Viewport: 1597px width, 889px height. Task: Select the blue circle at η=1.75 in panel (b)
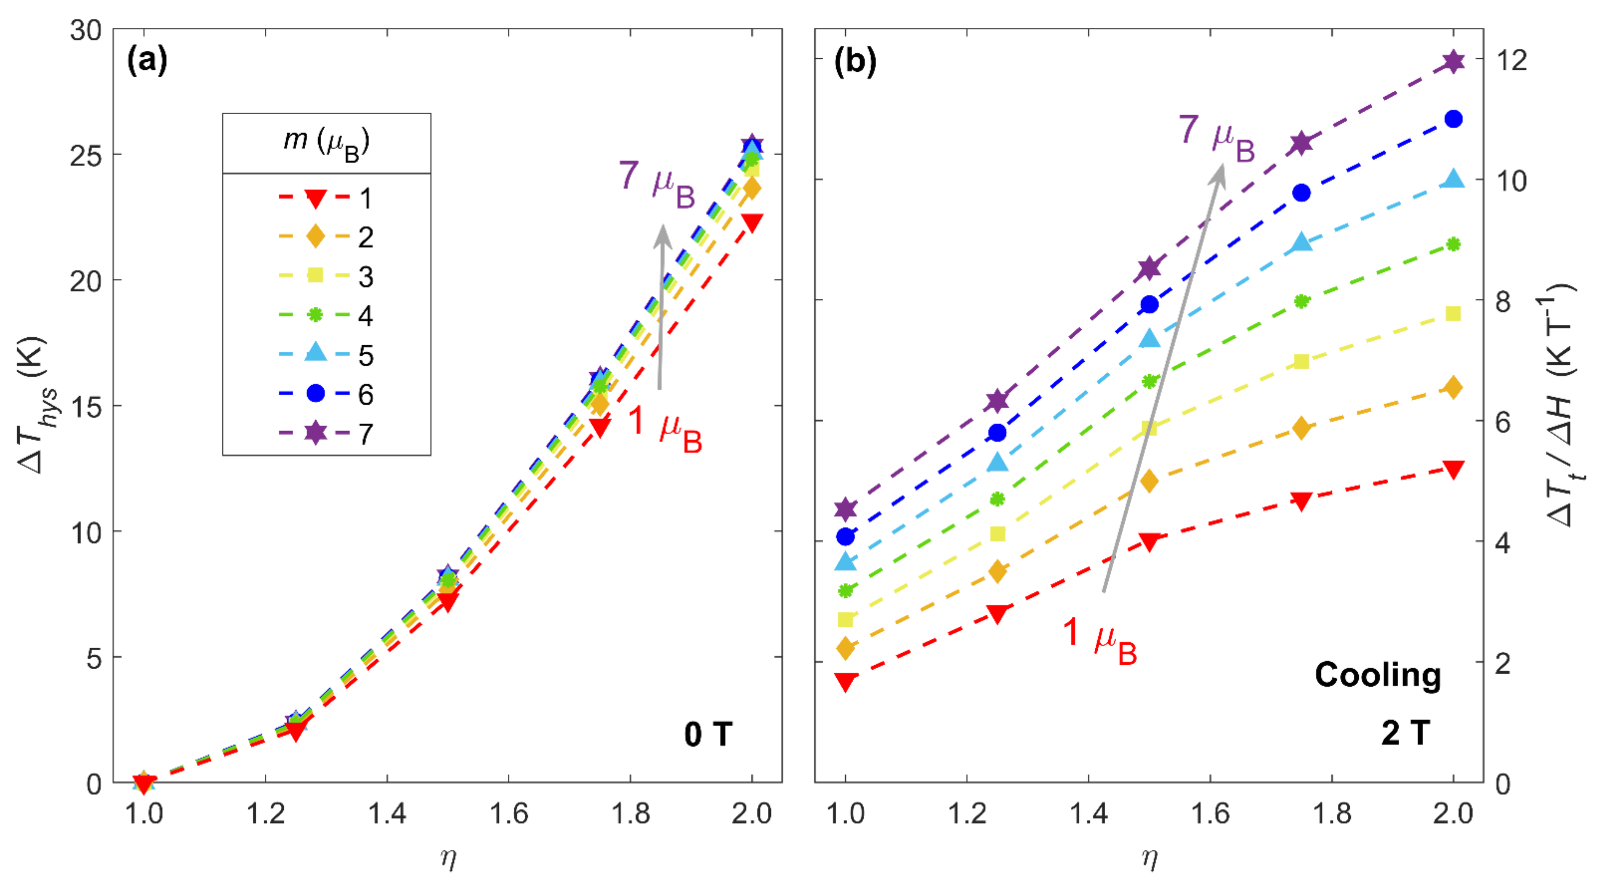tap(1301, 193)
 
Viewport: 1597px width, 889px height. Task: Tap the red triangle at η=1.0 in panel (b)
tap(846, 681)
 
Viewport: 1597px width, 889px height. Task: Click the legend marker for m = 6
tap(316, 393)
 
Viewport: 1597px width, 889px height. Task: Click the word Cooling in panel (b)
tap(1378, 674)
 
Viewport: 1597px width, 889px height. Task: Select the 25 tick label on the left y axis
tap(86, 155)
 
